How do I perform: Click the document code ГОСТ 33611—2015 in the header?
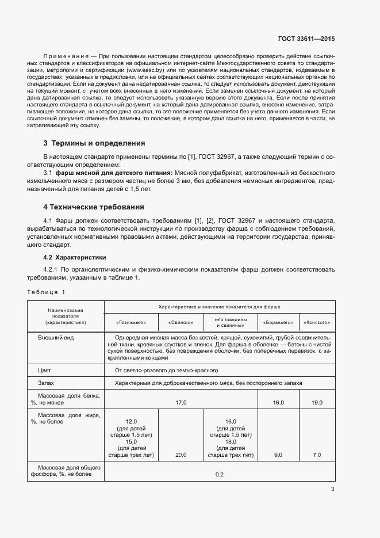pos(306,39)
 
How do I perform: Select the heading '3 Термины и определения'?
pos(94,143)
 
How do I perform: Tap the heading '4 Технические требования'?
pos(93,207)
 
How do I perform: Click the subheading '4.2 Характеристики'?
pos(75,257)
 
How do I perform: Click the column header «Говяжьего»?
pos(131,322)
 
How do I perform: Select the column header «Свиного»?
pos(181,322)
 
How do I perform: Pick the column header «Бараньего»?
pos(278,322)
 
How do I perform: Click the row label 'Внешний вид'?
pos(55,338)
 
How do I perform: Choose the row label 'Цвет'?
pos(44,371)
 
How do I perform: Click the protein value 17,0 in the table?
pos(181,402)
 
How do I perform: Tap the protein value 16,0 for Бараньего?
pos(278,402)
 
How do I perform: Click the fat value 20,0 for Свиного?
pos(181,455)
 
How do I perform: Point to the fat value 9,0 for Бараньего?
pos(278,455)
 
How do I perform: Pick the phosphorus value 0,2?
pos(219,475)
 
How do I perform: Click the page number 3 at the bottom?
pos(332,490)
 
